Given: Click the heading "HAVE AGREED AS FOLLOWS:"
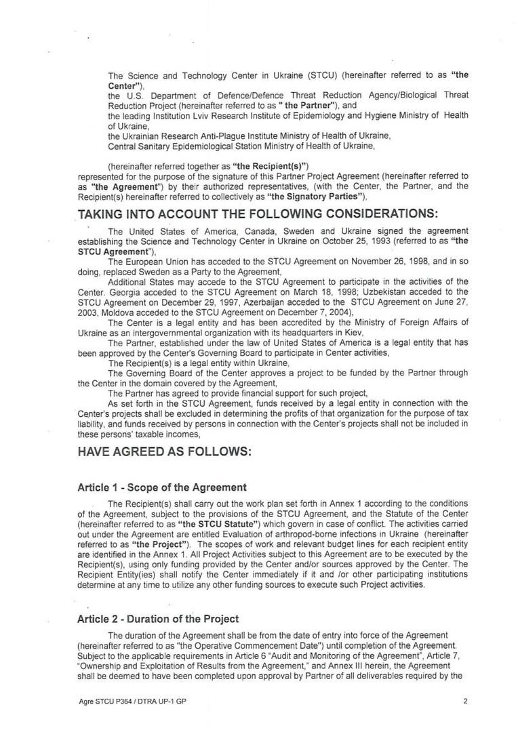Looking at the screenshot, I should pos(165,452).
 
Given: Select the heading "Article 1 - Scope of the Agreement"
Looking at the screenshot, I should pos(162,487).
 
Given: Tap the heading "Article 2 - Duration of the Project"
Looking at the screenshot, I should pos(158,618).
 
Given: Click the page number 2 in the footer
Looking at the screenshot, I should pos(465,701).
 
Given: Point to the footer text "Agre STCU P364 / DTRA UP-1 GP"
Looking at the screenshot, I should pos(132,701).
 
